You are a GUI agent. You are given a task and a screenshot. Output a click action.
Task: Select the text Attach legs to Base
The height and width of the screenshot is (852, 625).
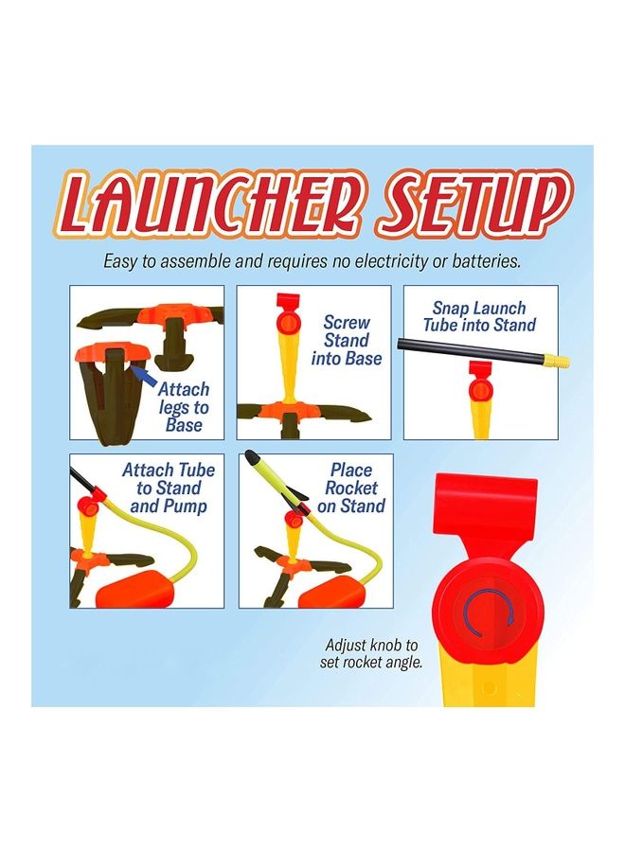(184, 407)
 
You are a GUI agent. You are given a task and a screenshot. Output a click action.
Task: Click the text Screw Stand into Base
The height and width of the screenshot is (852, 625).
(347, 341)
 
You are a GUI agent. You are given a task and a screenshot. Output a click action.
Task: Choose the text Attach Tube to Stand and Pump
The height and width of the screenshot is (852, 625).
(169, 488)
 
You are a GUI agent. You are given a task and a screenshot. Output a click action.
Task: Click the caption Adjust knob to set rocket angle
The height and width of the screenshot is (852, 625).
(372, 653)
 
